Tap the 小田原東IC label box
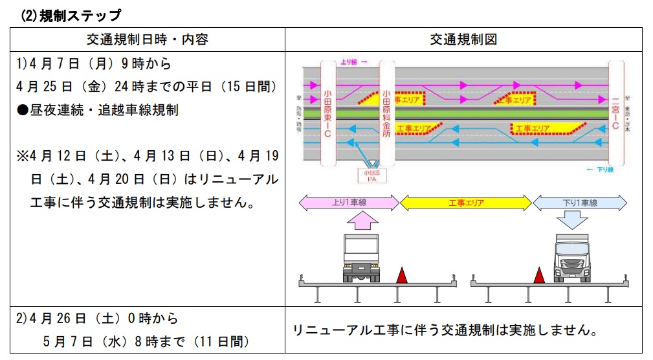tap(328, 114)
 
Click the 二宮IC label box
tap(615, 113)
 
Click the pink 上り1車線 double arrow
tap(348, 203)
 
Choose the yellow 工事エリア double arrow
tap(466, 203)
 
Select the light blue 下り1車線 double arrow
tap(579, 203)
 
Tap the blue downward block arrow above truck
tap(572, 223)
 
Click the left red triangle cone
tap(402, 276)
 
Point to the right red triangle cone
tap(538, 276)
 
